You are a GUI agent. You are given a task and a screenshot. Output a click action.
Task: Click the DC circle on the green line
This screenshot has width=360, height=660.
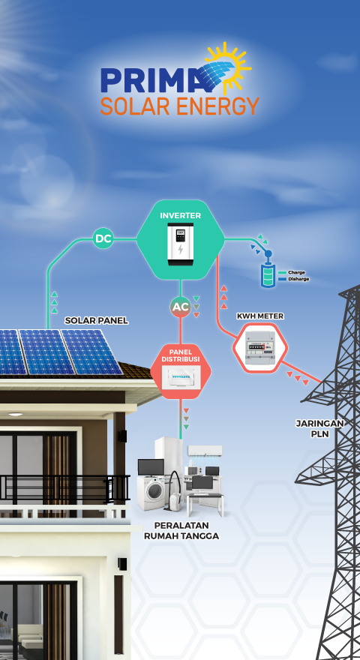pyautogui.click(x=103, y=238)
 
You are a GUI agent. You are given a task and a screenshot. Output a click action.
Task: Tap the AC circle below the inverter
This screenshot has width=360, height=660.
pyautogui.click(x=181, y=307)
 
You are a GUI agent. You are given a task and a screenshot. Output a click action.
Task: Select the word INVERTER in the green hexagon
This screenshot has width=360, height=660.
pyautogui.click(x=181, y=215)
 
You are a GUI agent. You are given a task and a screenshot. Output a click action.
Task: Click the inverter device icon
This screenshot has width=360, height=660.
pyautogui.click(x=181, y=244)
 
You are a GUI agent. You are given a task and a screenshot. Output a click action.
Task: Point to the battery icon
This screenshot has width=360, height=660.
pyautogui.click(x=267, y=276)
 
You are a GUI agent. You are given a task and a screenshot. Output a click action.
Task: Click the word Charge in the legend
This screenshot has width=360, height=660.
pyautogui.click(x=296, y=272)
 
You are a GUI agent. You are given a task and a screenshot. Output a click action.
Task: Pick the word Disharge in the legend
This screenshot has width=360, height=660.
pyautogui.click(x=298, y=279)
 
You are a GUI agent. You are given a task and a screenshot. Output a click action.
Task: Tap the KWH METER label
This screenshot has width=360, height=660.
pyautogui.click(x=260, y=316)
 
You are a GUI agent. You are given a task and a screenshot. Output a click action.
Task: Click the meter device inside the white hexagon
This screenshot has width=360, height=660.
pyautogui.click(x=260, y=348)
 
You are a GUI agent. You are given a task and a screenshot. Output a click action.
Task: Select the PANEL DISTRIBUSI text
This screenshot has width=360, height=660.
pyautogui.click(x=181, y=355)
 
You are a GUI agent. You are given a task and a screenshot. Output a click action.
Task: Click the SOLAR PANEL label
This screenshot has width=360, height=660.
pyautogui.click(x=97, y=321)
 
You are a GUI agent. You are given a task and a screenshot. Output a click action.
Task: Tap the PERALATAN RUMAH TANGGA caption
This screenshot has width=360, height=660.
pyautogui.click(x=181, y=531)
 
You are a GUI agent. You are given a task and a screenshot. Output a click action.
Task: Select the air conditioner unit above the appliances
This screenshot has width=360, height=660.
pyautogui.click(x=205, y=451)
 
